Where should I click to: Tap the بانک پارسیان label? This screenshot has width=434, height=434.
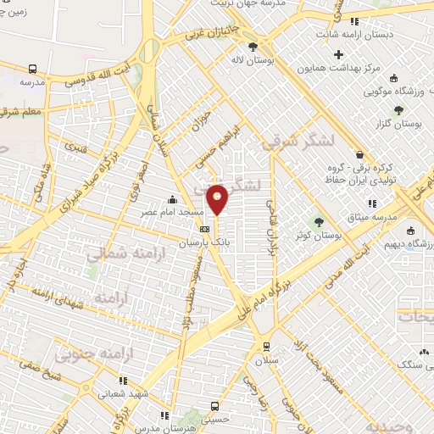[x=204, y=242]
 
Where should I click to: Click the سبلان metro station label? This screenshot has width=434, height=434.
[x=267, y=359]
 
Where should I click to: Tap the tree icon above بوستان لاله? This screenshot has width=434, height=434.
[x=251, y=47]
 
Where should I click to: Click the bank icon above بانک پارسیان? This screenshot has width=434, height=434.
[x=204, y=229]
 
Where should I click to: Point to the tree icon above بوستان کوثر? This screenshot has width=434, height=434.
[x=319, y=221]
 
